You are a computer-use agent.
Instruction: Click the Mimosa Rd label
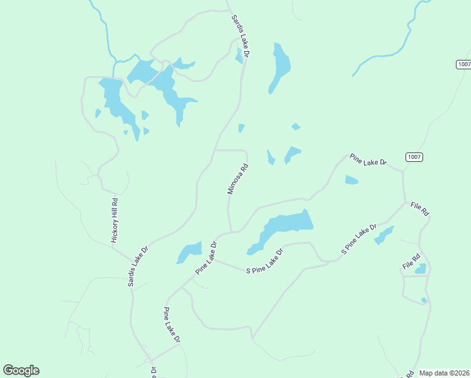pos(238,179)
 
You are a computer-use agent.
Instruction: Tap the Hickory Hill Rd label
pos(115,220)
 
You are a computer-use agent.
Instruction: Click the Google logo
pos(21,370)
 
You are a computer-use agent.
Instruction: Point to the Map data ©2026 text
pos(443,373)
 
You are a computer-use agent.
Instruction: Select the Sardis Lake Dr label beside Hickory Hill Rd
pos(138,266)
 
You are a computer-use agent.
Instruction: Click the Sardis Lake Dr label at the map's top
pos(241,37)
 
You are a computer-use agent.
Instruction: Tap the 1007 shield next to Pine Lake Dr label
pos(414,157)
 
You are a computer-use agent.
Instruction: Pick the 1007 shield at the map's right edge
pos(463,64)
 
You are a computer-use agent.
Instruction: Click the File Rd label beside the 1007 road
pos(419,209)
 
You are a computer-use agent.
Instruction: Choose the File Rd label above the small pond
pos(411,261)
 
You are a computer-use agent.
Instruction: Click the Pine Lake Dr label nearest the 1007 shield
pos(368,161)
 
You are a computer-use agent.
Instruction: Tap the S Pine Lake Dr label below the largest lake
pos(264,261)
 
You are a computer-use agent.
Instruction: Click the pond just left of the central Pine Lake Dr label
pos(189,251)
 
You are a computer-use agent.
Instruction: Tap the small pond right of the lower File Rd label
pos(421,269)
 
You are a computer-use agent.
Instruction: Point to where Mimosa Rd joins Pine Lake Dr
pos(230,231)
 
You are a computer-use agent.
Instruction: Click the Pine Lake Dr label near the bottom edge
pos(171,325)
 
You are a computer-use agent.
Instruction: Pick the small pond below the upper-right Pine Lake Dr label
pos(351,181)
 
